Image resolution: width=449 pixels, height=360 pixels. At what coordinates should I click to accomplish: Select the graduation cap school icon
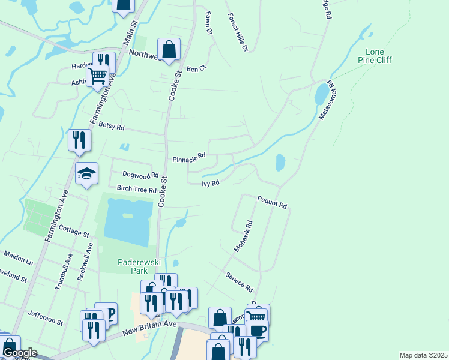point(86,173)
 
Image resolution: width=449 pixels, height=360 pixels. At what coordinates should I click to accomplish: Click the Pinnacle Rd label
point(189,159)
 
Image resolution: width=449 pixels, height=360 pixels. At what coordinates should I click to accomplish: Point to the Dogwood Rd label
point(140,175)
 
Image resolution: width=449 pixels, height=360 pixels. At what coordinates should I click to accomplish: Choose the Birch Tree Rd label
point(137,188)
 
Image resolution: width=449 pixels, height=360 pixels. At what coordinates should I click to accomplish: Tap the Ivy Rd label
point(211,183)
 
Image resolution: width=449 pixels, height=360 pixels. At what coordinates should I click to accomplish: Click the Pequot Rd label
point(273,202)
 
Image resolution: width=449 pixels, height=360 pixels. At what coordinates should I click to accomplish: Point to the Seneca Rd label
point(240,281)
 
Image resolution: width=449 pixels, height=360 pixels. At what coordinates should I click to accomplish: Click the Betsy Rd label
point(111,127)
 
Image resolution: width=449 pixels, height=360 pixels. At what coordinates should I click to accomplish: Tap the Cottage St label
point(74,230)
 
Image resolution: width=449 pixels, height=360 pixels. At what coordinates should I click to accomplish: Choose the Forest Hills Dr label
point(238,31)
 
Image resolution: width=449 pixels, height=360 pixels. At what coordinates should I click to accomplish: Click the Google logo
point(20,353)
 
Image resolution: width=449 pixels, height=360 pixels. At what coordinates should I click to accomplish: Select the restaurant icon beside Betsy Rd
point(79,140)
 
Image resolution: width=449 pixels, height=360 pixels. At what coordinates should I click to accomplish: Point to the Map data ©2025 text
point(423,355)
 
